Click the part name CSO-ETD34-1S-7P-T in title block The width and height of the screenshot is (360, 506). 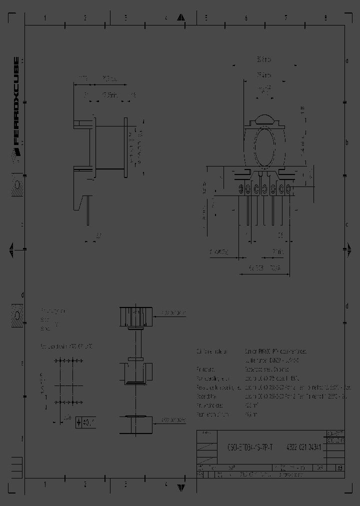250,448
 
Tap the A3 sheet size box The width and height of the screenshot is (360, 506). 340,468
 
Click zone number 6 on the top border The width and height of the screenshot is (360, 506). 245,18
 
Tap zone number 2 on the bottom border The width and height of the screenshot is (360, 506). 85,484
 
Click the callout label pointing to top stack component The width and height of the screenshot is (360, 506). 173,313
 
